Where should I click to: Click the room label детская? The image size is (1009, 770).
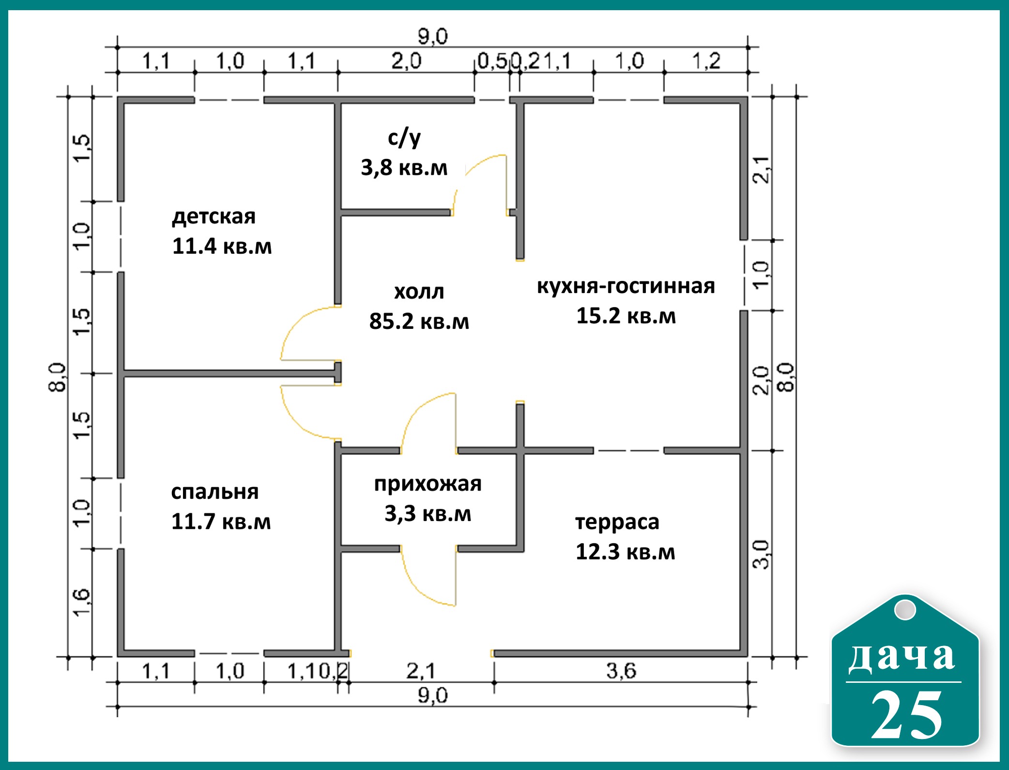point(214,216)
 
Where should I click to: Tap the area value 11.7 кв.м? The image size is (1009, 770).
point(221,522)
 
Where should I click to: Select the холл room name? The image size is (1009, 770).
point(419,292)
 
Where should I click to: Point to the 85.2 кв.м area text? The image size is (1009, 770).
point(419,321)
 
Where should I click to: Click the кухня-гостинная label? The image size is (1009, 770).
point(626,286)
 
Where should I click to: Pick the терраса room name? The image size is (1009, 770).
point(617,523)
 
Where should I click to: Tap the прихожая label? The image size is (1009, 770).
point(428,484)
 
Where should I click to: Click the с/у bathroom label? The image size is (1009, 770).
point(404,139)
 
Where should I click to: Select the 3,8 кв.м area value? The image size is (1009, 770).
point(404,168)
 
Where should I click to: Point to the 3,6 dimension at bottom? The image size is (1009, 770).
point(621,671)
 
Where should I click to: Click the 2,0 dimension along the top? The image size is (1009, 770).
point(406,61)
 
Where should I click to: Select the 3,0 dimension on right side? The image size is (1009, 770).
point(761,554)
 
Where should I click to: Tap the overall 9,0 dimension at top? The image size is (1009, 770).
point(433,36)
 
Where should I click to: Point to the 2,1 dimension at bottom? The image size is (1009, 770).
point(421,671)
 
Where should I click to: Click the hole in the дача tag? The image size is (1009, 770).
point(905,609)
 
